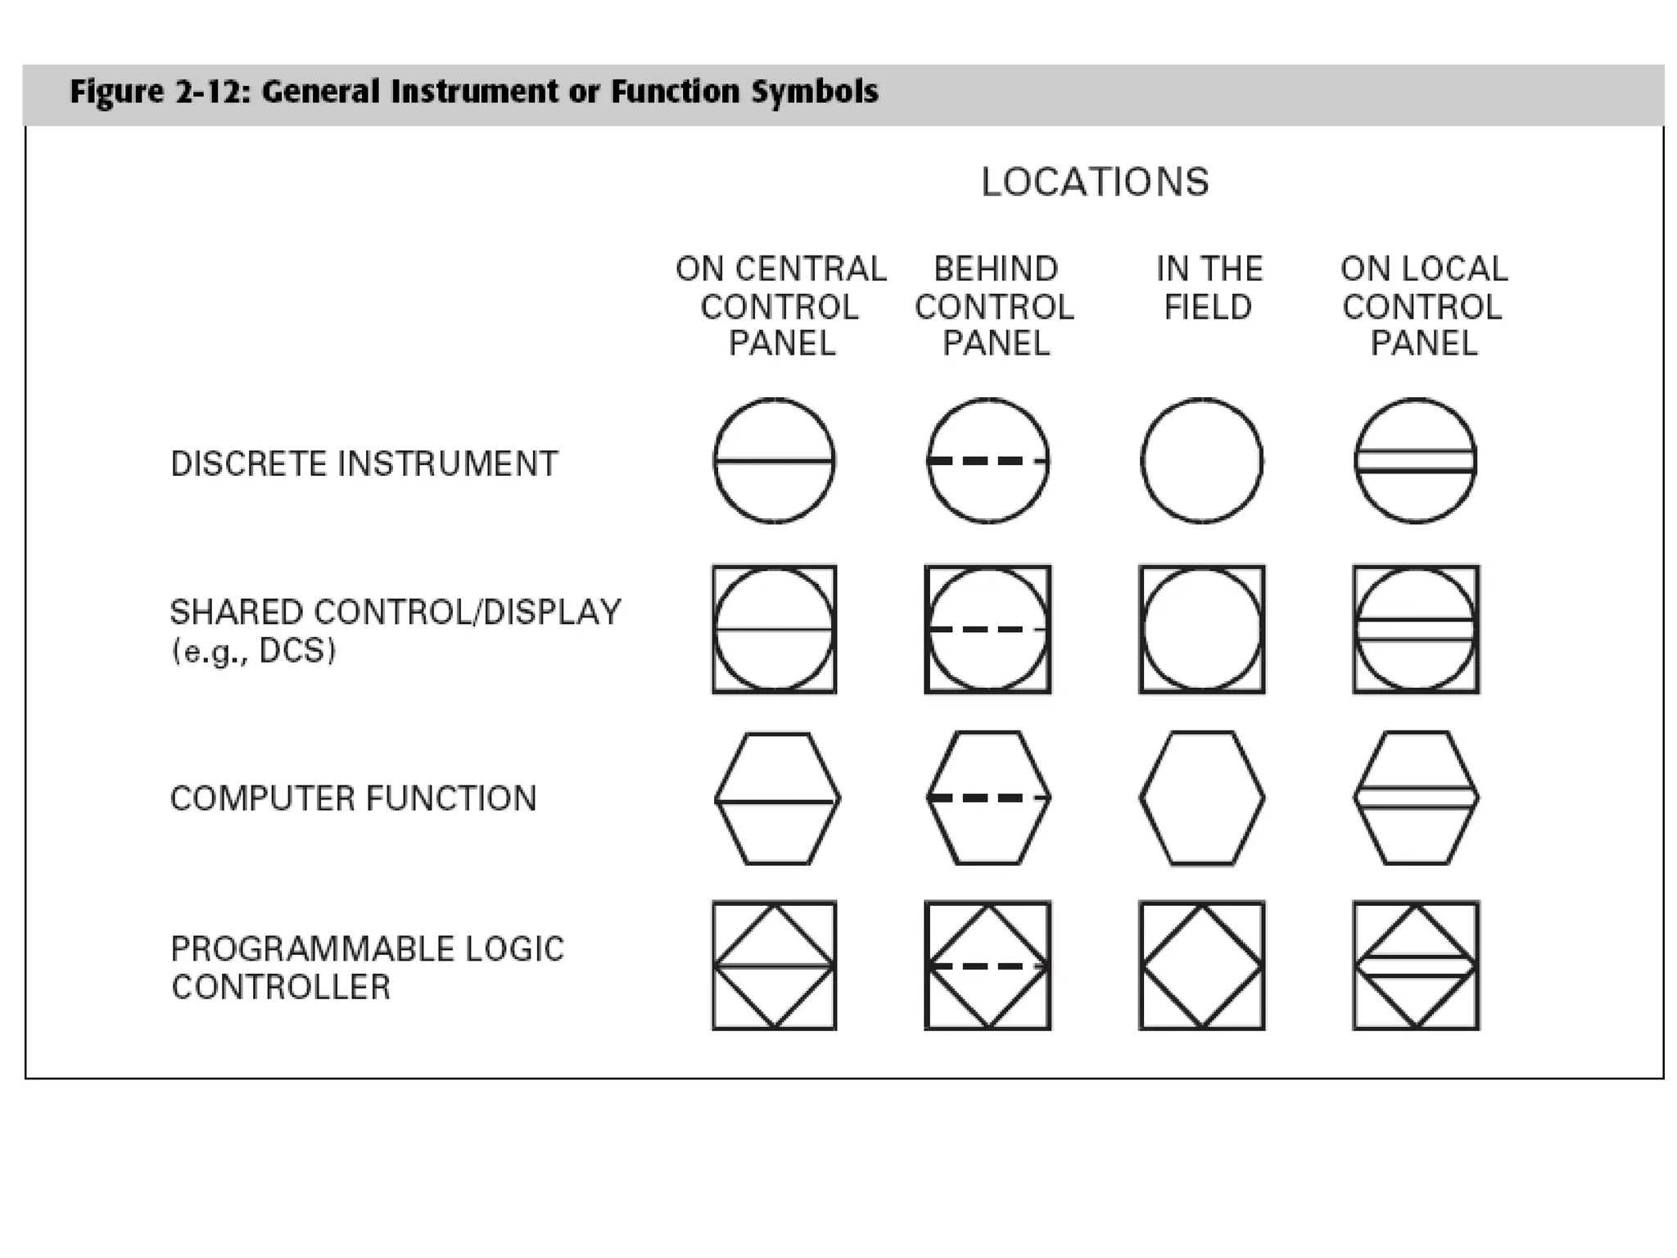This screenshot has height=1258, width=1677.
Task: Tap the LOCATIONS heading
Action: (x=1095, y=182)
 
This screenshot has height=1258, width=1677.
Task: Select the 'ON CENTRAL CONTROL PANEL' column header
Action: (x=780, y=305)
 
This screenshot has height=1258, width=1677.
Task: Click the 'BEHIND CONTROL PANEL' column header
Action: (x=995, y=305)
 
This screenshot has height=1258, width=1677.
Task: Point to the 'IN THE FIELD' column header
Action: (x=1209, y=287)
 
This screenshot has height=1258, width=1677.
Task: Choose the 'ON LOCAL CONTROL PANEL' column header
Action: (x=1423, y=305)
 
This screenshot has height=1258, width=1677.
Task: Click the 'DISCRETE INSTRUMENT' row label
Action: (x=364, y=464)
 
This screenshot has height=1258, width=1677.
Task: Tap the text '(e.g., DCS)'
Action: (x=254, y=651)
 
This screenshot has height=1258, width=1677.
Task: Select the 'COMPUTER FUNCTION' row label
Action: (x=353, y=798)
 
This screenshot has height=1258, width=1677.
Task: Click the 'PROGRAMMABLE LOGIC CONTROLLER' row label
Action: (x=367, y=967)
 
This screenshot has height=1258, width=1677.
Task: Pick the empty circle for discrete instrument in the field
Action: (x=1202, y=460)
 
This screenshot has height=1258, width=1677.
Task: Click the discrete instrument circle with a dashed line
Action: (x=988, y=460)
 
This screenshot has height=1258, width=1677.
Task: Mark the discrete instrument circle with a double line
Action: (x=1416, y=460)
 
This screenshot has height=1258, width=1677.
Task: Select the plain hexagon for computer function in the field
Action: (x=1202, y=798)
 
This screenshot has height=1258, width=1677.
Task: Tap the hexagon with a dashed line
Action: (x=988, y=798)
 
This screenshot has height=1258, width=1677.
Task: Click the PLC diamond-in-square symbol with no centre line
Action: (x=1202, y=966)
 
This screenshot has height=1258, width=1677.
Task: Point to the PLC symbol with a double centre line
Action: (x=1416, y=966)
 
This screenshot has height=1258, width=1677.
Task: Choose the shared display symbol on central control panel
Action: (x=774, y=629)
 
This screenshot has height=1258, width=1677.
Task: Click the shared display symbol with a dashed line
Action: (x=988, y=629)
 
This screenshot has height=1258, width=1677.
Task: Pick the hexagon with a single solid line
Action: (x=777, y=798)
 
